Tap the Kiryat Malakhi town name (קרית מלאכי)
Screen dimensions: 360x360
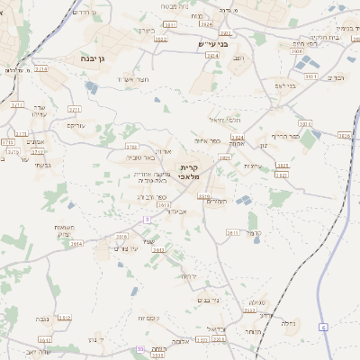[x=187, y=172]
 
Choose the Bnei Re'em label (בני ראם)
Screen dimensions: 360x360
[x=285, y=85]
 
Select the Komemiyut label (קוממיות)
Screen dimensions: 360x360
[x=148, y=319]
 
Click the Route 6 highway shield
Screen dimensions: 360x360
[x=323, y=327]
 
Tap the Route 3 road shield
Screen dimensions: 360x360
[x=146, y=220]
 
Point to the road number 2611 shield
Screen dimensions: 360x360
[x=232, y=232]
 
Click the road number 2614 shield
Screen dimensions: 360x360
[x=76, y=243]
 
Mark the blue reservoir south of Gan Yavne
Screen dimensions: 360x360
[x=93, y=86]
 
